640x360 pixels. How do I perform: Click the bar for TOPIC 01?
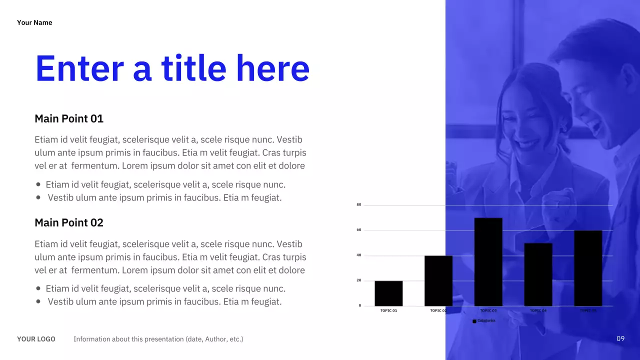[x=388, y=293]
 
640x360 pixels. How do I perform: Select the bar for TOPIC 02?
[x=438, y=281]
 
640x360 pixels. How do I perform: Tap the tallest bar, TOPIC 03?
[x=488, y=262]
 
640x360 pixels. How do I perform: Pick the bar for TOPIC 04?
[x=538, y=274]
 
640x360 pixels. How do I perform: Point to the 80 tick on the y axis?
[x=359, y=205]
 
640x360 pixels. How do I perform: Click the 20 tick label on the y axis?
[x=359, y=280]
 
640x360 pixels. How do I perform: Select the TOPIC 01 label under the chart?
[x=388, y=310]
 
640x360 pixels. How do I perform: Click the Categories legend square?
[x=474, y=321]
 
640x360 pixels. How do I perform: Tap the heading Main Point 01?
[x=69, y=119]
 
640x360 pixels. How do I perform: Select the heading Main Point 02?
[x=69, y=223]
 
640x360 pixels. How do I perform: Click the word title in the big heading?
[x=193, y=68]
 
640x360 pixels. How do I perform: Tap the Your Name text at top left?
[x=34, y=22]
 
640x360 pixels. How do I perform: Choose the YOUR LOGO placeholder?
[x=36, y=339]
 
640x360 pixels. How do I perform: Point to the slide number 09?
[x=620, y=339]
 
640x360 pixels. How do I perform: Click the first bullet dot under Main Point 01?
[x=38, y=184]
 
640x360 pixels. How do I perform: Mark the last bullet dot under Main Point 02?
[x=38, y=301]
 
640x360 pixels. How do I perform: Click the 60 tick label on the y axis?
[x=359, y=230]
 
